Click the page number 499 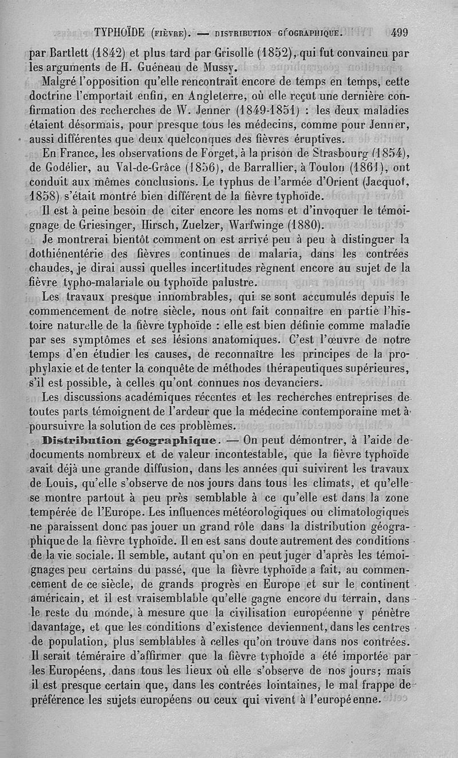(x=396, y=32)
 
